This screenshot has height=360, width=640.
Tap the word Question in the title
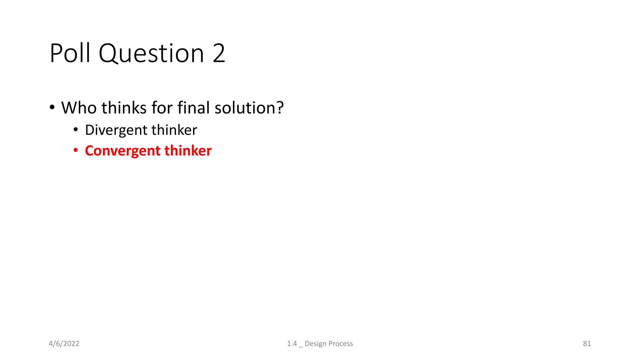[x=151, y=54]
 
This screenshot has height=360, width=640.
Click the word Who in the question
[x=79, y=108]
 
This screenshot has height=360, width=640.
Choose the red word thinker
[x=188, y=151]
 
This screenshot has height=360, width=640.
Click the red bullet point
[x=76, y=151]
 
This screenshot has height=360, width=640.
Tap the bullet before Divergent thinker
[x=76, y=130]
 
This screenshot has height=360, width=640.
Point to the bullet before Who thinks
[x=52, y=107]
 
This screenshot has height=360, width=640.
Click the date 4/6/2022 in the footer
[x=64, y=344]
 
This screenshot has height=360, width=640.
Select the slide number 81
[x=587, y=344]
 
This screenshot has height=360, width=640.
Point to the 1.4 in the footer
[x=292, y=344]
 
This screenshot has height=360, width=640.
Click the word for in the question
[x=162, y=108]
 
